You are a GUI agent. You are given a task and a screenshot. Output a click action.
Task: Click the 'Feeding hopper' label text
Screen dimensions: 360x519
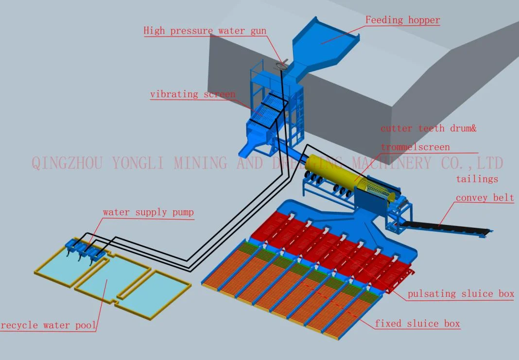tap(402, 20)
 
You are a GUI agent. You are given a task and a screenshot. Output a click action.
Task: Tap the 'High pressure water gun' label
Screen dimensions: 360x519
tap(205, 31)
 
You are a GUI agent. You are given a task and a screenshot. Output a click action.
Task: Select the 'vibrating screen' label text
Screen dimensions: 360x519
tap(192, 94)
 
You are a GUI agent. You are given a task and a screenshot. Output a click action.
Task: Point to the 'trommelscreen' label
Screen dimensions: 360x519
tap(415, 147)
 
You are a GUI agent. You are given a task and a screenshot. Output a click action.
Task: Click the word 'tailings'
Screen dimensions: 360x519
tap(477, 179)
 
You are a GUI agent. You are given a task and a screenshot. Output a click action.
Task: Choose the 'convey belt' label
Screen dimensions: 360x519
tap(484, 198)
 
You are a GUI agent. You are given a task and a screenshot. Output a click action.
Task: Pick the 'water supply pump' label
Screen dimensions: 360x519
tap(148, 212)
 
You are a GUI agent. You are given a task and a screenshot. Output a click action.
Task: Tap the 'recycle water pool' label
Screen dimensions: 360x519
tap(48, 325)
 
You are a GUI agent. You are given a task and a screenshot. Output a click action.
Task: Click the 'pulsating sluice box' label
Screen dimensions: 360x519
tap(460, 293)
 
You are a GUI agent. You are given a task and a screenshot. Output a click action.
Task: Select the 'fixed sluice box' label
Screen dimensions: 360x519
tap(417, 324)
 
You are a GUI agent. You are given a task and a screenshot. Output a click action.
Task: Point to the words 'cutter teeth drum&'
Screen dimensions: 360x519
tap(428, 128)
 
